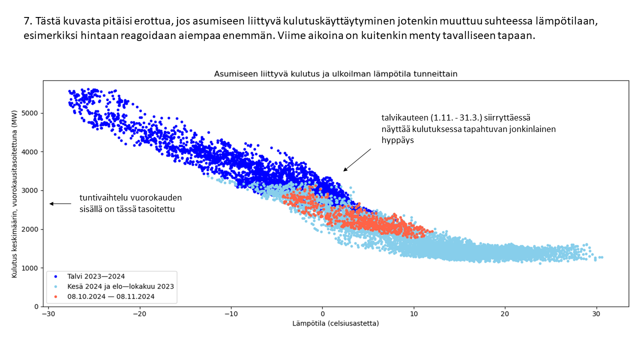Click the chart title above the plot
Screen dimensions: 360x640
tap(335, 73)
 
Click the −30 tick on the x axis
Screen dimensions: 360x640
tap(48, 314)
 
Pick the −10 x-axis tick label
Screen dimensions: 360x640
tap(230, 314)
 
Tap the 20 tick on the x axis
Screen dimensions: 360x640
tap(505, 314)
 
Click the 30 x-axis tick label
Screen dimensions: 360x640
tap(596, 314)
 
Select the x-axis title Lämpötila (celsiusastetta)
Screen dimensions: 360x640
tap(335, 323)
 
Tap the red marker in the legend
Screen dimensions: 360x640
tap(55, 296)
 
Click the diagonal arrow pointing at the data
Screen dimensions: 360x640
tap(356, 160)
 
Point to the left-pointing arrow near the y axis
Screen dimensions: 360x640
tap(59, 203)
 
